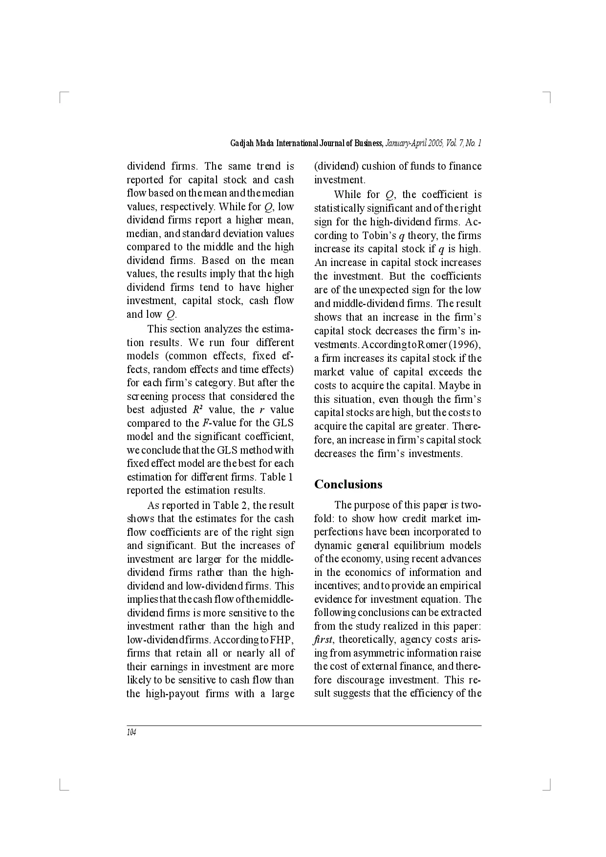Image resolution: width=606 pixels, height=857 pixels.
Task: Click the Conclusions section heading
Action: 348,484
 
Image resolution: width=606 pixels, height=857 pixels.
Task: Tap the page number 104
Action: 131,732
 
